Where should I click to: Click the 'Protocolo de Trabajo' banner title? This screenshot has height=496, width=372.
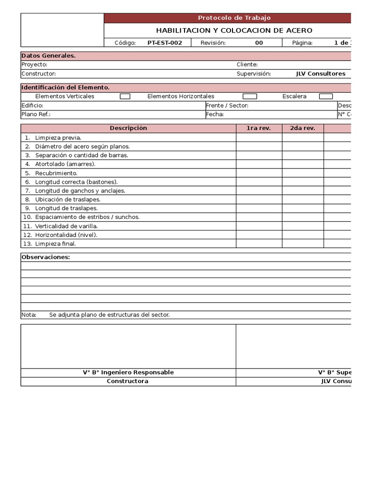pyautogui.click(x=234, y=18)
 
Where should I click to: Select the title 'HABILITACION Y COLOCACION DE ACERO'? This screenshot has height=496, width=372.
pyautogui.click(x=234, y=31)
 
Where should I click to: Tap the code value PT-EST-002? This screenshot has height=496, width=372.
pyautogui.click(x=165, y=43)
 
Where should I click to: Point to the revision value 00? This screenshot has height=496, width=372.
pyautogui.click(x=259, y=43)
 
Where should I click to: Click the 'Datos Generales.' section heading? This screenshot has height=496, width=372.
pyautogui.click(x=48, y=56)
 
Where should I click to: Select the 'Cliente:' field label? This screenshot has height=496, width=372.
pyautogui.click(x=247, y=64)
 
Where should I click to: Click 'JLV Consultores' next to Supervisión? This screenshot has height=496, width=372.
pyautogui.click(x=321, y=74)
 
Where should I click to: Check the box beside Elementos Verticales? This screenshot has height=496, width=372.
pyautogui.click(x=125, y=96)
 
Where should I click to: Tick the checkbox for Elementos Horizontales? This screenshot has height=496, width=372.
pyautogui.click(x=250, y=96)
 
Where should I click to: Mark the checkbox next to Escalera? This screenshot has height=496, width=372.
pyautogui.click(x=326, y=96)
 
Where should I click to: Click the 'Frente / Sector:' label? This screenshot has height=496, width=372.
pyautogui.click(x=227, y=105)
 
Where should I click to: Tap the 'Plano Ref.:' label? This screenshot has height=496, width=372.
pyautogui.click(x=36, y=114)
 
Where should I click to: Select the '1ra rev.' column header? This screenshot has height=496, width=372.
pyautogui.click(x=259, y=128)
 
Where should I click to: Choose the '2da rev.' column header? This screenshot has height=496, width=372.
pyautogui.click(x=302, y=128)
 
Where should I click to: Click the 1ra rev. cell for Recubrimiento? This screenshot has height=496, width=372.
pyautogui.click(x=259, y=173)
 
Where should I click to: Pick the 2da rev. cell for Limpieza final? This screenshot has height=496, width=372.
pyautogui.click(x=302, y=244)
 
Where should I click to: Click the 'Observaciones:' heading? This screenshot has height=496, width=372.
pyautogui.click(x=46, y=257)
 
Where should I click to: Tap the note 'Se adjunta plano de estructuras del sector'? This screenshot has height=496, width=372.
pyautogui.click(x=109, y=315)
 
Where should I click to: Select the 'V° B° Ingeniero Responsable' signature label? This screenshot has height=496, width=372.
pyautogui.click(x=128, y=372)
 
